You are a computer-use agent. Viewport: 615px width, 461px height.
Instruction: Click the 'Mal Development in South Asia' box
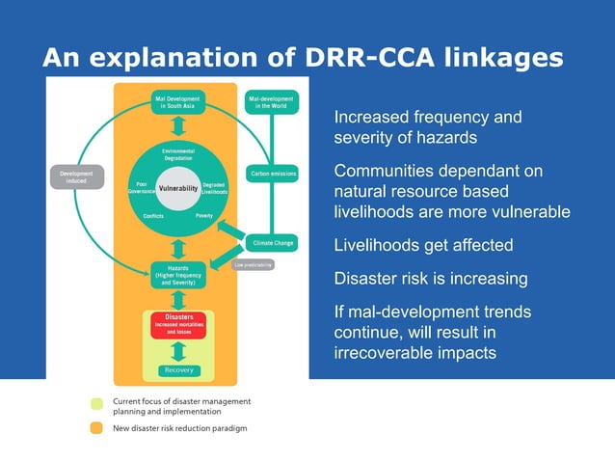(178, 102)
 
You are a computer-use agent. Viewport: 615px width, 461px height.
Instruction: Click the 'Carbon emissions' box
(272, 175)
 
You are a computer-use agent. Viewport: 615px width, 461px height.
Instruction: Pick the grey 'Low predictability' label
(254, 264)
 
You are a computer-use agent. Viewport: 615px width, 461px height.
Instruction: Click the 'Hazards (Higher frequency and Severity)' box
(178, 275)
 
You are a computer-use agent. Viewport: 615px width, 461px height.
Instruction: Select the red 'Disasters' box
(178, 323)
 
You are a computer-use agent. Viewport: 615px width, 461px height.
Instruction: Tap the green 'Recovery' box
(178, 370)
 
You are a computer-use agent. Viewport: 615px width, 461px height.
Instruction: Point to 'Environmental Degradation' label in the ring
(178, 155)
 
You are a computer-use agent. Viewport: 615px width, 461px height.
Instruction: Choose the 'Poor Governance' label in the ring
(141, 187)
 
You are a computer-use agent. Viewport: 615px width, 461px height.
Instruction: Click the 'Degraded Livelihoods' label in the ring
(215, 188)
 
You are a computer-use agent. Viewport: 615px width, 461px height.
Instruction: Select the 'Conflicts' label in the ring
(153, 216)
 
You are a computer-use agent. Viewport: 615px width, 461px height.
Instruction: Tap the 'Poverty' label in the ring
(203, 216)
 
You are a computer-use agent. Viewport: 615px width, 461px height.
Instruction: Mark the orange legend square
(96, 428)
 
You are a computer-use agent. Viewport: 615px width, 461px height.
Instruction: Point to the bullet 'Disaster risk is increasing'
(430, 279)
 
